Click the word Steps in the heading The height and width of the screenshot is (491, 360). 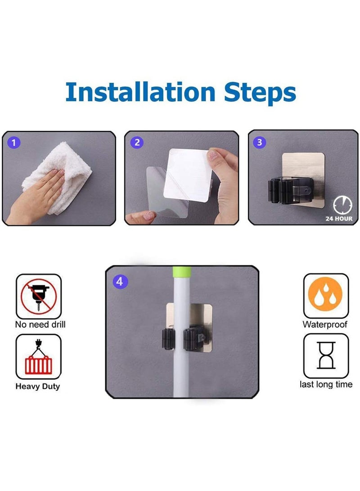point(260,93)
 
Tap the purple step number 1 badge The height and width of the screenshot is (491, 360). point(14,143)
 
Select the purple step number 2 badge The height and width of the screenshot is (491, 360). point(137,143)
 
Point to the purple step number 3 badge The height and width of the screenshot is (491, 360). point(260,142)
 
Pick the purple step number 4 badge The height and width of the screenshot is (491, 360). point(120,282)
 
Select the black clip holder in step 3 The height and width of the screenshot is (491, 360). point(290,190)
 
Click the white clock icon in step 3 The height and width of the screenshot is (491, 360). point(342,205)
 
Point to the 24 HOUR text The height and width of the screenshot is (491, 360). point(339,219)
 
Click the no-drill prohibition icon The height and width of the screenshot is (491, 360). point(39,296)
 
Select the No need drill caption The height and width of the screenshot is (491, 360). point(40,325)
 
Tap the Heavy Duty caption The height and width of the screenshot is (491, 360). point(37,387)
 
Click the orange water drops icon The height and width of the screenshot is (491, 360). point(325,294)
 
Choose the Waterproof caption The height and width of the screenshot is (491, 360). point(325,325)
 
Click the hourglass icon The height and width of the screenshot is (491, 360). point(326,356)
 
